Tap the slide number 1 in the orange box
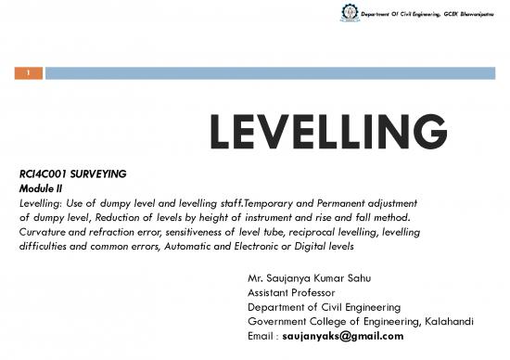point(29,71)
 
